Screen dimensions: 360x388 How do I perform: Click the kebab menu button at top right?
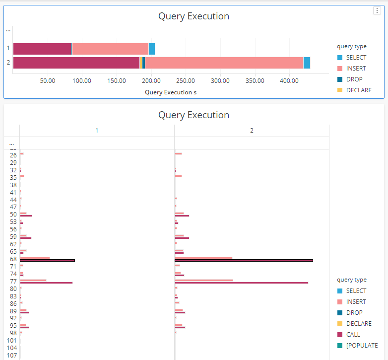pos(377,11)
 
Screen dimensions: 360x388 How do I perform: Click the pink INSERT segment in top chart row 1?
pos(110,49)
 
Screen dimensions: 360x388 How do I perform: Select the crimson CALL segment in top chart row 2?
pos(76,63)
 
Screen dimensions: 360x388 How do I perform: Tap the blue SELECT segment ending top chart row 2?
pos(307,63)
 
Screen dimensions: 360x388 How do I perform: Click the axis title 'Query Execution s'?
pos(171,92)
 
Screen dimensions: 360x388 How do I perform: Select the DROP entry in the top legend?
pos(354,79)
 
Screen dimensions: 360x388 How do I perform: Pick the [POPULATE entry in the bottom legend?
pos(362,346)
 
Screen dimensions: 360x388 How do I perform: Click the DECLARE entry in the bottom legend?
pos(358,324)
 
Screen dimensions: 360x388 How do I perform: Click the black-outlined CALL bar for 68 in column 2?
pos(244,260)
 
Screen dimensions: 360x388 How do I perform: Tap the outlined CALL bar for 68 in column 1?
pos(47,260)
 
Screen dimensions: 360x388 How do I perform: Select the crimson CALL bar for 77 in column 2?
pos(242,283)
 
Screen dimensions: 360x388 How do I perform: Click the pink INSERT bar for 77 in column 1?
pos(33,280)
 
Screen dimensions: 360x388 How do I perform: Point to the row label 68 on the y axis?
pos(13,259)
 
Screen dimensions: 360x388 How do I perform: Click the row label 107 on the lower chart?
pos(12,356)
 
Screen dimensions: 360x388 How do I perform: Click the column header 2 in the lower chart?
pos(252,131)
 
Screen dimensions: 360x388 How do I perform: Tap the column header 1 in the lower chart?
pos(97,131)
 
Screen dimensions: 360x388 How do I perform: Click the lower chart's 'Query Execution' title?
pos(194,115)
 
